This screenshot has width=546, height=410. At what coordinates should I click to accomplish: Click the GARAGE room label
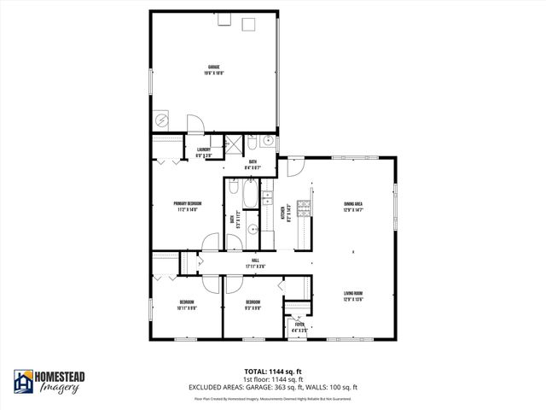pos(213,69)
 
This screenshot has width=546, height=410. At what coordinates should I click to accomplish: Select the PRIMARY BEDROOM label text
pos(186,205)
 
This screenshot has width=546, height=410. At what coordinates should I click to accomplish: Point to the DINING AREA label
pos(354,206)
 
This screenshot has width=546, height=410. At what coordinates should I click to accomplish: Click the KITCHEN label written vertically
pos(285,214)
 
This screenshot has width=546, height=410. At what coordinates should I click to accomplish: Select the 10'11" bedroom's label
pos(186,303)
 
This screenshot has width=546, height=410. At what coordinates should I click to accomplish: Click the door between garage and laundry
pos(195,126)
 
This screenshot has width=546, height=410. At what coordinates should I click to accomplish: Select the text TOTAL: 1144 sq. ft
pos(273,372)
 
